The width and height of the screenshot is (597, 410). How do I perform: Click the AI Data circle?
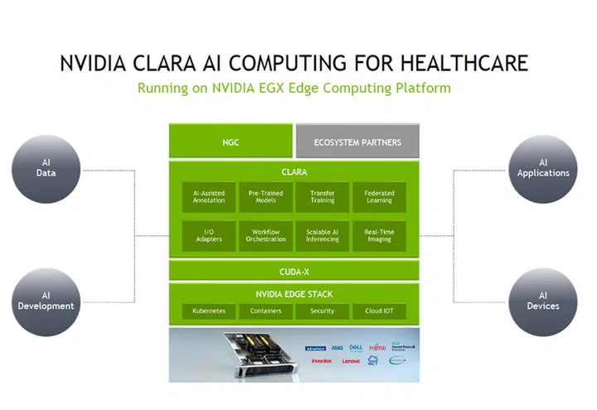(x=46, y=169)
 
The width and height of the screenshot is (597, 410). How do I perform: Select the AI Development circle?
(x=46, y=301)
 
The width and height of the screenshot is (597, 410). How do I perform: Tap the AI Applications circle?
(x=543, y=169)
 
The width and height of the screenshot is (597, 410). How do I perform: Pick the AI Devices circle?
(x=543, y=301)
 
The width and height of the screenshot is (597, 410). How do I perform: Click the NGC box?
(x=231, y=142)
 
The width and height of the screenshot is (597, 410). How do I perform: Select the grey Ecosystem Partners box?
(x=357, y=142)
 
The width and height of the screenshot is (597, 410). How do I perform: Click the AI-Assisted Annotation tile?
(x=208, y=197)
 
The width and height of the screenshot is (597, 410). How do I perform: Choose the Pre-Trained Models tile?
(x=265, y=197)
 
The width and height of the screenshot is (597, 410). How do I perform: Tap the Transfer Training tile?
(x=323, y=197)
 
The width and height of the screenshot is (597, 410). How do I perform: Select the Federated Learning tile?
(x=379, y=197)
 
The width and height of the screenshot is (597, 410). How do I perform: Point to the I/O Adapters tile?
(x=208, y=235)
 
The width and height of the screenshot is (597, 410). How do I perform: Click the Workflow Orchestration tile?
(x=265, y=235)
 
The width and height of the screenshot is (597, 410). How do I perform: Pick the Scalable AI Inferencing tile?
(x=323, y=235)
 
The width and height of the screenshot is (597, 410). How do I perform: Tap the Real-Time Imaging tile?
(x=379, y=235)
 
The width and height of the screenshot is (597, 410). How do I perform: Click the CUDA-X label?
(x=294, y=271)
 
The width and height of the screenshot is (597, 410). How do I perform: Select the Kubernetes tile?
(x=208, y=311)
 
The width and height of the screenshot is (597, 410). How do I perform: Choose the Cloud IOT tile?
(x=379, y=311)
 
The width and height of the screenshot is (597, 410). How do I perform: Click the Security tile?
(x=323, y=311)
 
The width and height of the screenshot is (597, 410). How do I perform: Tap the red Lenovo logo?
(x=352, y=362)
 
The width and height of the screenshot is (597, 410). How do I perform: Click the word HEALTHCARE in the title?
(x=457, y=64)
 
